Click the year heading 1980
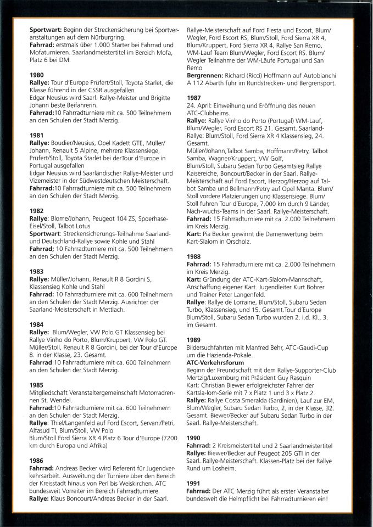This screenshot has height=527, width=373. pos(37,75)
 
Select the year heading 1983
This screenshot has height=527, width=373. pos(37,271)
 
